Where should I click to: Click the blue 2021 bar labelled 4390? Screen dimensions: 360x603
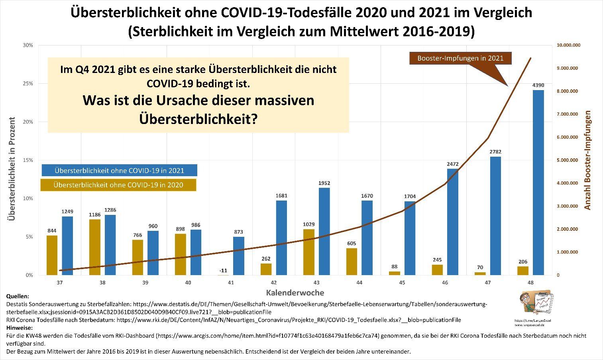(538, 182)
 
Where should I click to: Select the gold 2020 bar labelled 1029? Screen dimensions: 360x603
(309, 252)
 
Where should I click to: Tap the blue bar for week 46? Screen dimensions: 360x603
(453, 222)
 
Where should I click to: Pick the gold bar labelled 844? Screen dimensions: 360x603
(52, 255)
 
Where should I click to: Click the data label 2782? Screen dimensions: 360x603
(495, 151)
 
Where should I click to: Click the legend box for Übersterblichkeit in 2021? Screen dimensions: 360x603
(119, 170)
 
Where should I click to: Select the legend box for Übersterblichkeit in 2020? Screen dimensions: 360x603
(118, 185)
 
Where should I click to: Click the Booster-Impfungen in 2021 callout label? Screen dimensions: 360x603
(460, 58)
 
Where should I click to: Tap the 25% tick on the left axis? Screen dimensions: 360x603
(28, 84)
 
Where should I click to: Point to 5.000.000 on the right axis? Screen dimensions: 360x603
(567, 160)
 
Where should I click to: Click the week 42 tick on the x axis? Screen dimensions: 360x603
(274, 283)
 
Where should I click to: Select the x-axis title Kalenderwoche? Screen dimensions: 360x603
(295, 293)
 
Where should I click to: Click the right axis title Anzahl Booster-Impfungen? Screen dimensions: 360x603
(587, 160)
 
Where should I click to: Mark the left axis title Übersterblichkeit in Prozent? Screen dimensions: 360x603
(12, 168)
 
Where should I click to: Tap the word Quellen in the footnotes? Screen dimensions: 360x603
(18, 296)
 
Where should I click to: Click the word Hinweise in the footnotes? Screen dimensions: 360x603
(20, 328)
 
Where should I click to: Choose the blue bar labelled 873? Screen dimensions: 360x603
(239, 256)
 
